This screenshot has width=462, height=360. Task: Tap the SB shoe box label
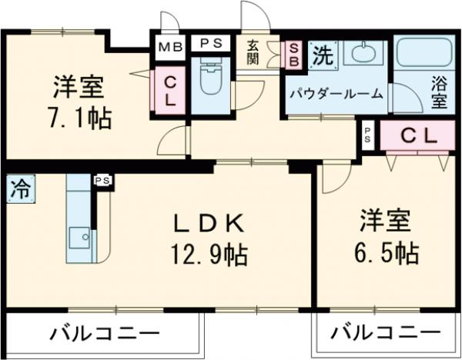(293, 54)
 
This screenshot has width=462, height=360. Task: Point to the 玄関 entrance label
(253, 52)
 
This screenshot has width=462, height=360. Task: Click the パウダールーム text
(336, 94)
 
